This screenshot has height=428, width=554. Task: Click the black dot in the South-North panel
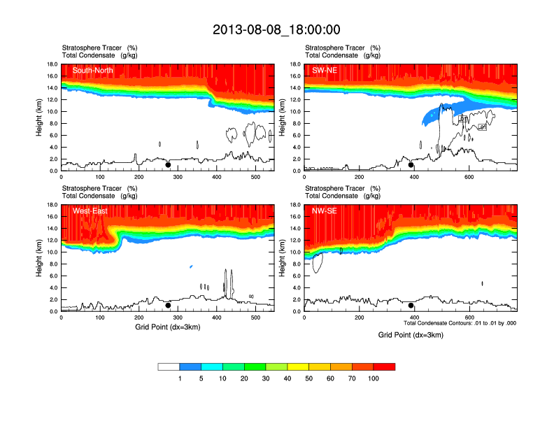tap(168, 166)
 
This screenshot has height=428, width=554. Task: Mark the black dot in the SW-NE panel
tap(411, 165)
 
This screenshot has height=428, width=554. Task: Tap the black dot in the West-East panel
tap(168, 306)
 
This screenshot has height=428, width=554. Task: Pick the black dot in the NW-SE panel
tap(411, 306)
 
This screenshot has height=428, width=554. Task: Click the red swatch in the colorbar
tap(384, 366)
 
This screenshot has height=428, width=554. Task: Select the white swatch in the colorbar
tap(169, 366)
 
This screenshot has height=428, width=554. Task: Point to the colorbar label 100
tap(374, 378)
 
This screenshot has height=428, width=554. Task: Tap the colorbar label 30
tap(266, 378)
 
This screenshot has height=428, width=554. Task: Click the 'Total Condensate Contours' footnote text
tap(460, 323)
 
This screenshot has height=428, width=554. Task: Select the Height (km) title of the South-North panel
tap(40, 117)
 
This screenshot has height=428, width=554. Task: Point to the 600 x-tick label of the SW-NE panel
tap(468, 177)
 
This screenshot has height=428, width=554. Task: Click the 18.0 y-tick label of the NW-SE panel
tap(295, 205)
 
